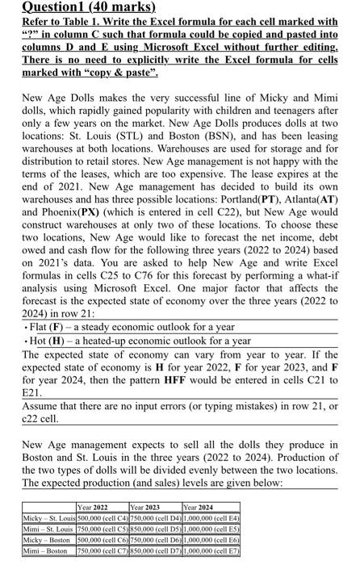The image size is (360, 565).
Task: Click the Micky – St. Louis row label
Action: click(x=48, y=517)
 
